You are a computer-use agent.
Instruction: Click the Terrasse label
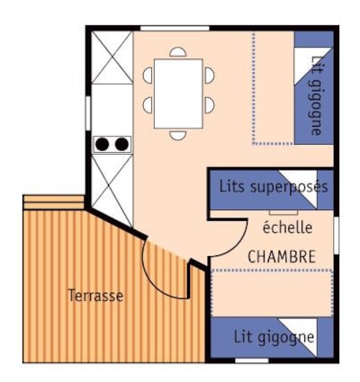click(95, 296)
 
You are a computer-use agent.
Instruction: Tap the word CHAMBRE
click(282, 257)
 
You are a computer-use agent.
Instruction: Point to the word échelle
click(287, 227)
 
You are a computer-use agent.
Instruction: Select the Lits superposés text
click(274, 187)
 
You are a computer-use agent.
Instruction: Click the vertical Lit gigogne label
click(316, 95)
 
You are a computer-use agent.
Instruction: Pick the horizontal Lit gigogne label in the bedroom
click(274, 338)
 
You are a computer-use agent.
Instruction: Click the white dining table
click(178, 93)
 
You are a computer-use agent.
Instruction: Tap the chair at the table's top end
click(178, 52)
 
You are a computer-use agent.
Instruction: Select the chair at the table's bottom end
click(178, 135)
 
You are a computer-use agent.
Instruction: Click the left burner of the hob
click(103, 145)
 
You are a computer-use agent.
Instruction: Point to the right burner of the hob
click(121, 145)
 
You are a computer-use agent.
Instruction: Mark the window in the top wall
click(175, 29)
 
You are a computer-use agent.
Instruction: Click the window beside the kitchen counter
click(88, 113)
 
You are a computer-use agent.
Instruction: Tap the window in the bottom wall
click(252, 360)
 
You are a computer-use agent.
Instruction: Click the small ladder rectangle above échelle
click(283, 212)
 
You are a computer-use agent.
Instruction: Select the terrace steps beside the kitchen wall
click(53, 202)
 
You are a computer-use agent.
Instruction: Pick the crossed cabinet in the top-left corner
click(112, 58)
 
